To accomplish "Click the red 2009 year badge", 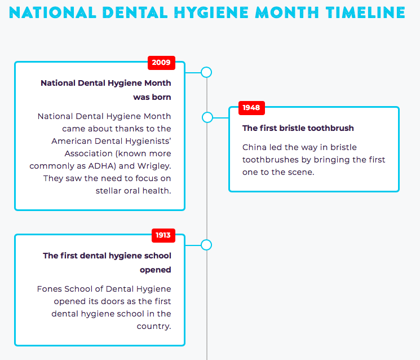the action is point(161,63).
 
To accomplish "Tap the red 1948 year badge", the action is point(251,108).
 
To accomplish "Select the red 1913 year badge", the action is point(163,235).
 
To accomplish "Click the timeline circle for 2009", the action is point(206,72).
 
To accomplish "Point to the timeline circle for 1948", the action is point(207,117).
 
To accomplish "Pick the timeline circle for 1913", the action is point(206,245).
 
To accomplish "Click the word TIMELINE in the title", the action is point(366,12).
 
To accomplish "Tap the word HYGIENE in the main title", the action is point(211,12).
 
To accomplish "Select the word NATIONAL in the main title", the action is point(52,12).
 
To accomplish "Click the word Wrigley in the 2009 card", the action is point(154,166).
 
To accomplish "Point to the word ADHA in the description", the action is point(102,166).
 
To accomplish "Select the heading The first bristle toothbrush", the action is point(298,128).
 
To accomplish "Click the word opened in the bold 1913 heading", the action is point(156,270).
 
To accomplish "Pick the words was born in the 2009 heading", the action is point(152,97).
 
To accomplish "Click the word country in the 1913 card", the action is point(154,327).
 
